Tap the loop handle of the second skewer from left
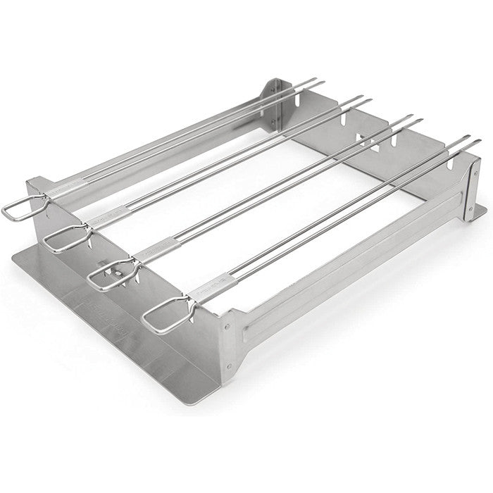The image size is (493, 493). click(x=63, y=239)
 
